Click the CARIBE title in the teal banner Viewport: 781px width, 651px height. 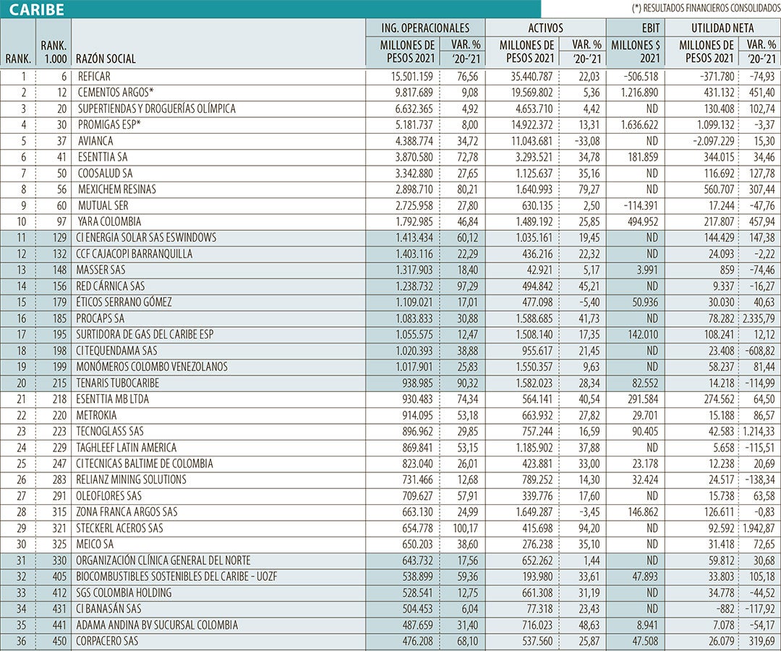pos(37,9)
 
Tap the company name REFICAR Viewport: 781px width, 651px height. pos(94,76)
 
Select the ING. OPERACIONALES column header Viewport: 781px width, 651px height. pos(425,28)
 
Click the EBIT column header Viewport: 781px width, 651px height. pos(634,28)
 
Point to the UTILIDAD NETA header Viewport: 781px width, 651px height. pos(722,28)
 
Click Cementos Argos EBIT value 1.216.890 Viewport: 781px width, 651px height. pos(634,93)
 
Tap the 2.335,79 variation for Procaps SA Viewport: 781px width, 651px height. pos(759,318)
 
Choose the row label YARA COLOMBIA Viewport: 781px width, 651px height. pos(108,221)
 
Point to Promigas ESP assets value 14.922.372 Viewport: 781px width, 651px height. pos(526,124)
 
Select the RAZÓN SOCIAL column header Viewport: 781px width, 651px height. pos(105,59)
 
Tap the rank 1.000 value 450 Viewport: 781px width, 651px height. pos(56,641)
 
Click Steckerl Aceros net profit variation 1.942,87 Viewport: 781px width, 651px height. pos(759,528)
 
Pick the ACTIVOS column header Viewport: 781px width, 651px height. pos(546,28)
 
